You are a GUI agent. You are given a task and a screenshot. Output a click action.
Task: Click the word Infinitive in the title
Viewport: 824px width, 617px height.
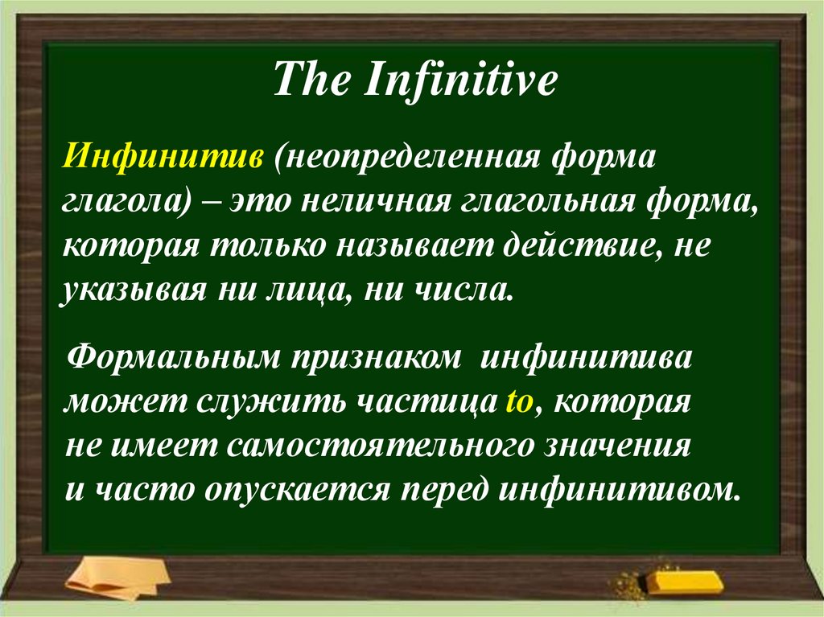click(x=462, y=84)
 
